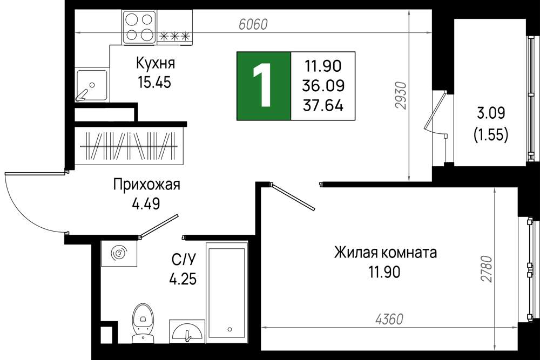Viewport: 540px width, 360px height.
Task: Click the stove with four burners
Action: (139, 27)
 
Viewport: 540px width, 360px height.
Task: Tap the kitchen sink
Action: (92, 85)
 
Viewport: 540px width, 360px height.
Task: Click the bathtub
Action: (227, 293)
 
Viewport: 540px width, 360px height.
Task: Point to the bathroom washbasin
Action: (187, 331)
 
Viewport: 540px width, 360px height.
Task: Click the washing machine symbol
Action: (119, 254)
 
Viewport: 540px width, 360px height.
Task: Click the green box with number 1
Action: (264, 86)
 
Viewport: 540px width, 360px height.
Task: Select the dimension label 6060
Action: (253, 24)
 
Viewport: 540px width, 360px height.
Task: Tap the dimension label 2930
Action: (402, 96)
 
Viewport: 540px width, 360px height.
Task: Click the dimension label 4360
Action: (389, 320)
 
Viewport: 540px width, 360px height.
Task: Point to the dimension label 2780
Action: (487, 269)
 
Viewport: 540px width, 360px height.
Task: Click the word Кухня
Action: (156, 63)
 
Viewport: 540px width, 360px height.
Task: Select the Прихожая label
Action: (147, 185)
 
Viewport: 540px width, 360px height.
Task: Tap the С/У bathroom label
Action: (184, 260)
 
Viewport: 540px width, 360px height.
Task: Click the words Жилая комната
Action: (386, 253)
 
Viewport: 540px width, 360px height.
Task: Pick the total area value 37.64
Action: (323, 105)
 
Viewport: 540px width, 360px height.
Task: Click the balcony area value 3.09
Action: (491, 113)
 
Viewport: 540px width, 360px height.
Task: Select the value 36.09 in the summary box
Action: (323, 85)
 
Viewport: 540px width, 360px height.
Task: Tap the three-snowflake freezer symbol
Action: (174, 36)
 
